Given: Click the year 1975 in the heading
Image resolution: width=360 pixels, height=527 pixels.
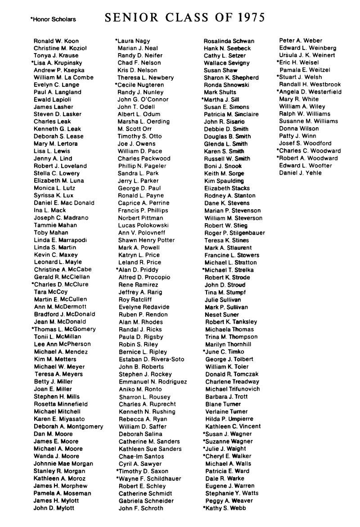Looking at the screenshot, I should pyautogui.click(x=249, y=18).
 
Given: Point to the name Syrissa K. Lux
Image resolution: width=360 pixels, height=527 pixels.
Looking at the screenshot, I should pyautogui.click(x=53, y=196).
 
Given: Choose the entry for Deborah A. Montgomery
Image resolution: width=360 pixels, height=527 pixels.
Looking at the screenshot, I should pyautogui.click(x=68, y=427).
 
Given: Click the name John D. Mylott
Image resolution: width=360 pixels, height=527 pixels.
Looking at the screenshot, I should pyautogui.click(x=54, y=508).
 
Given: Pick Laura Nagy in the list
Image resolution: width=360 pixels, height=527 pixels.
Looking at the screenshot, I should pyautogui.click(x=134, y=41).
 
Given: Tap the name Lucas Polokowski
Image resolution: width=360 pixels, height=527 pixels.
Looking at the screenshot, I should pyautogui.click(x=143, y=225).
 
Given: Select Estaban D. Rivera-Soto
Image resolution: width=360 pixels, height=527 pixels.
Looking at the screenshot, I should pyautogui.click(x=151, y=360).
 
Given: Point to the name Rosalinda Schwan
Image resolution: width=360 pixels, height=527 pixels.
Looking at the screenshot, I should pyautogui.click(x=229, y=41).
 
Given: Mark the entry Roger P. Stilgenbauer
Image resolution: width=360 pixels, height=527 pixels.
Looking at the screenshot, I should pyautogui.click(x=234, y=233).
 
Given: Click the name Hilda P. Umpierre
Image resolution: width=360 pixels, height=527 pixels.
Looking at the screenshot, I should pyautogui.click(x=229, y=419).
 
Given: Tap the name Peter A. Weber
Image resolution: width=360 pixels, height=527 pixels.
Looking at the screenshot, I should pyautogui.click(x=301, y=41).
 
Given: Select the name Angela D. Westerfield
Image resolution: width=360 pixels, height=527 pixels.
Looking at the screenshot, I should pyautogui.click(x=310, y=92).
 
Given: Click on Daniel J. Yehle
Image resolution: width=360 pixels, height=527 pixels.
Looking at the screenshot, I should pyautogui.click(x=300, y=173).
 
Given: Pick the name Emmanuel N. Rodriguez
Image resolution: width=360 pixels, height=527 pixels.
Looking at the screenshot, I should pyautogui.click(x=153, y=382).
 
